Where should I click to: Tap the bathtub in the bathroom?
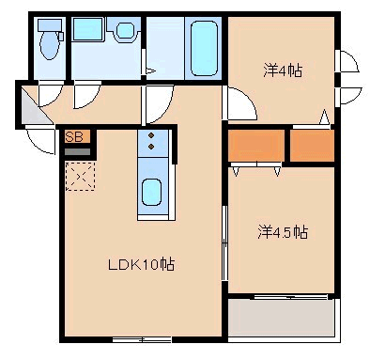coord(204,48)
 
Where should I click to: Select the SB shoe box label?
coord(74,137)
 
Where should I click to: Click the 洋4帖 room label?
coord(283,70)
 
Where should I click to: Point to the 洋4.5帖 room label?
coord(283,232)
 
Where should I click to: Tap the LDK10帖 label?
coord(141,265)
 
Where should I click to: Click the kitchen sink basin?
coord(152,192)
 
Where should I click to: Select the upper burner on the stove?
coord(151,135)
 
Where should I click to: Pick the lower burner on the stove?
coord(151,147)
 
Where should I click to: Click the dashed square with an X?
coord(80,176)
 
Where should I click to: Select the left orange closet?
coord(256,146)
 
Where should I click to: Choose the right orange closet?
coord(313,146)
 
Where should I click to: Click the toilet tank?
coord(50,24)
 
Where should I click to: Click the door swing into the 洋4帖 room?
coord(239,103)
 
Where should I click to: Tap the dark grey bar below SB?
coord(77,151)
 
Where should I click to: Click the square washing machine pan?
coord(87,29)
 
